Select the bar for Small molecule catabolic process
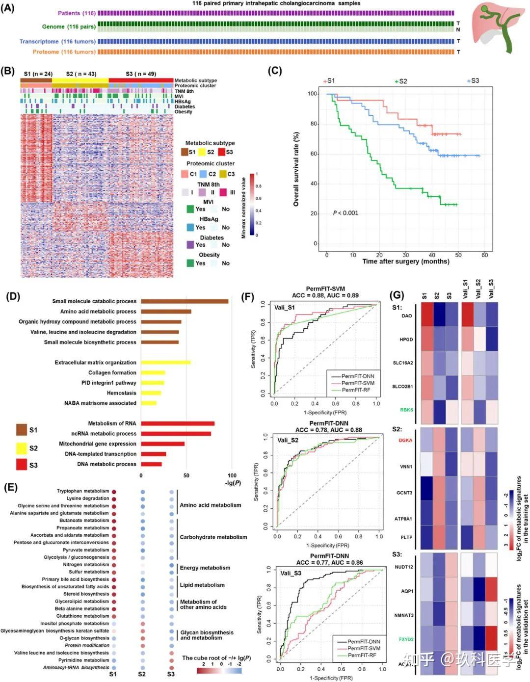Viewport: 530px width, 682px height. click(x=185, y=301)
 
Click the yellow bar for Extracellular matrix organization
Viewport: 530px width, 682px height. click(x=166, y=363)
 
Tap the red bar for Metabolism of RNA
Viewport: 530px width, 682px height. click(x=178, y=423)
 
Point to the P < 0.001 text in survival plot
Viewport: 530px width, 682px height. click(x=345, y=213)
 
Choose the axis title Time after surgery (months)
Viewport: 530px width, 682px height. click(x=406, y=262)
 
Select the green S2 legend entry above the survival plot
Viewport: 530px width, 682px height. click(x=401, y=81)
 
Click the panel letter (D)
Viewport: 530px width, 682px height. click(x=13, y=296)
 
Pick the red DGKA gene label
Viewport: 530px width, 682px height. click(x=405, y=441)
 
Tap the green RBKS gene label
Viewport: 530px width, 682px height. click(x=406, y=410)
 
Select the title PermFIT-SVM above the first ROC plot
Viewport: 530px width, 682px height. click(x=325, y=289)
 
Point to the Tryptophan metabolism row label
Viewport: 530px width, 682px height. click(x=83, y=491)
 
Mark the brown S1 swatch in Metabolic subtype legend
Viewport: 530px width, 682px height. click(x=185, y=152)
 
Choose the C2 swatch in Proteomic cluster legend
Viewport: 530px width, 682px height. click(x=203, y=174)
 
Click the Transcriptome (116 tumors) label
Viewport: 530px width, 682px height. click(x=57, y=42)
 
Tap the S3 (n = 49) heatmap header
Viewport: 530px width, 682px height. click(x=141, y=74)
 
